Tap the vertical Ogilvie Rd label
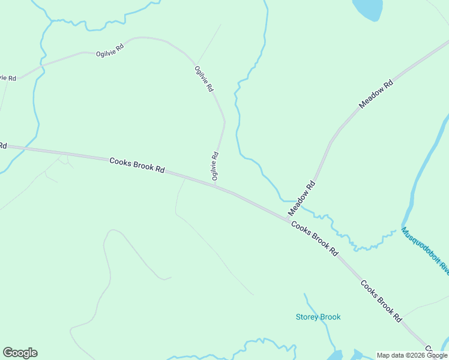tap(214, 166)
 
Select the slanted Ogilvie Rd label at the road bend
tap(204, 79)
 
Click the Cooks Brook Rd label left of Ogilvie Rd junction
tap(137, 166)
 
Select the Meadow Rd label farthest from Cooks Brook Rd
tap(376, 94)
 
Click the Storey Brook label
tap(318, 317)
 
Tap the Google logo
tap(20, 353)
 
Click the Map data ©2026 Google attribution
tap(412, 355)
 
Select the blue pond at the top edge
tap(367, 8)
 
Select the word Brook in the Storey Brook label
tap(330, 317)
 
